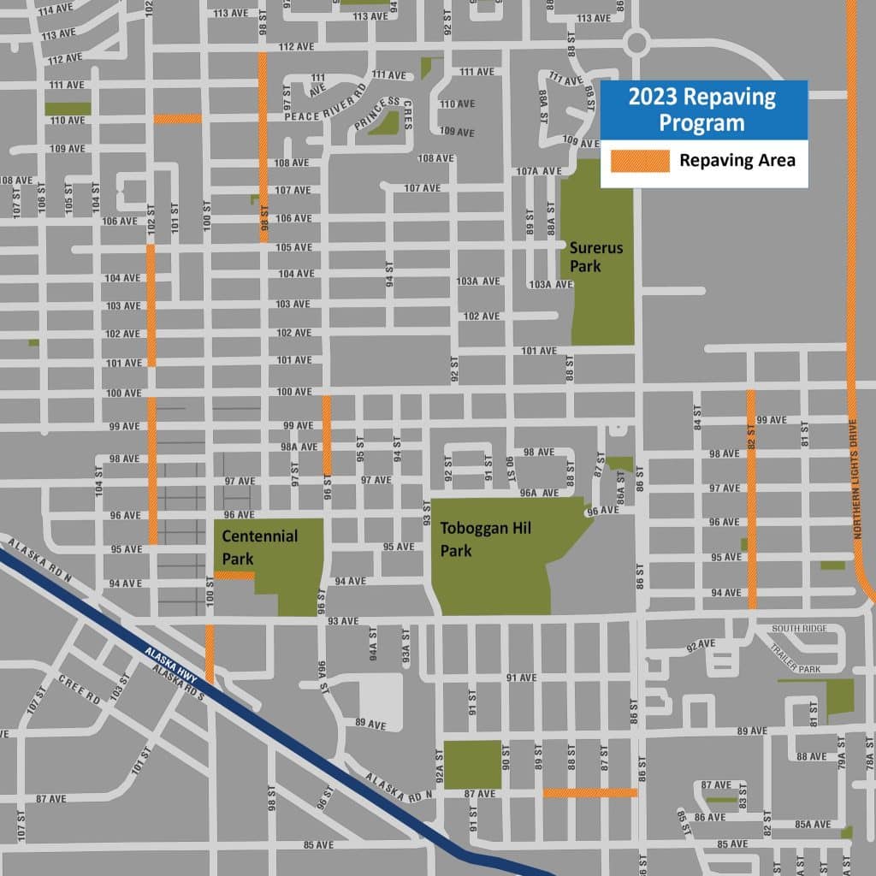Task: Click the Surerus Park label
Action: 597,257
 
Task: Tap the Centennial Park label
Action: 259,547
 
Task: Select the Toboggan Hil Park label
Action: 485,539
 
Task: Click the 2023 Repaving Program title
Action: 701,109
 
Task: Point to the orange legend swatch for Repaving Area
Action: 639,160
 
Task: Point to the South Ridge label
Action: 799,629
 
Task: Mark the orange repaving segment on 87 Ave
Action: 590,793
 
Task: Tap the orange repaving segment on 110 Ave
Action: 177,119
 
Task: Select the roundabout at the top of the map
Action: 636,42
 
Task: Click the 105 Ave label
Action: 294,247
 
